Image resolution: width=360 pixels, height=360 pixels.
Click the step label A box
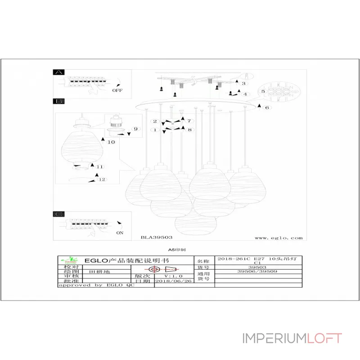(x=59, y=72)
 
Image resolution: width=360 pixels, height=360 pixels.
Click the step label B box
(x=59, y=102)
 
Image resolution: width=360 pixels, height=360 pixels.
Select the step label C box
(x=59, y=214)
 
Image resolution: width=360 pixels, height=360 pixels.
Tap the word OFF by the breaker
(x=117, y=90)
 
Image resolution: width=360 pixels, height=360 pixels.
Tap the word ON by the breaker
(x=120, y=233)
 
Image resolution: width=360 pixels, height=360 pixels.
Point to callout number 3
(x=243, y=84)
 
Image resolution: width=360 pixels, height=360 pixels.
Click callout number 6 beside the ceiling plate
(x=266, y=108)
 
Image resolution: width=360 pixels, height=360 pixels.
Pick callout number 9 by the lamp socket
(x=134, y=129)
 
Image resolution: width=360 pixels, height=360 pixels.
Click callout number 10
(x=111, y=142)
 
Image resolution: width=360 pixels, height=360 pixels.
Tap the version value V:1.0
(x=173, y=276)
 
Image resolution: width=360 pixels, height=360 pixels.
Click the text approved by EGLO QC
(x=96, y=285)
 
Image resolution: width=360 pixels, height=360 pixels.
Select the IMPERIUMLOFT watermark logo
(x=292, y=338)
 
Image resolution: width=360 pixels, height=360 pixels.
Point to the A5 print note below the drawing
(x=180, y=249)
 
